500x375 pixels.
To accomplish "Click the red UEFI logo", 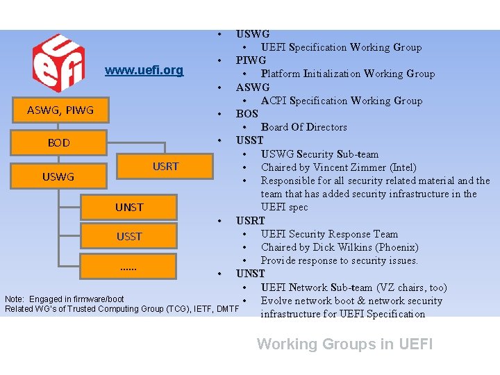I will click(59, 62).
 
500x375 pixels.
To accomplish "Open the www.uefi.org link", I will click(144, 70).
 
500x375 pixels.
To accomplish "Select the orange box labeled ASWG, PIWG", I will click(60, 110).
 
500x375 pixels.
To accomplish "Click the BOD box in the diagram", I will click(58, 143).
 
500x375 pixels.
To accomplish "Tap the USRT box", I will click(165, 166).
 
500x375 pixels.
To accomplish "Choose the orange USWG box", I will click(58, 176).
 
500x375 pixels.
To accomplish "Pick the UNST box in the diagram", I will click(129, 207).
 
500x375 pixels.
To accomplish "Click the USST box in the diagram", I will click(129, 237).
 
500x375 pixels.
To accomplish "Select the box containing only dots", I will click(129, 267).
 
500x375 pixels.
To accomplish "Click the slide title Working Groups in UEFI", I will click(344, 344).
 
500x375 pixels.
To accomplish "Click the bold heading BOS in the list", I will click(247, 114).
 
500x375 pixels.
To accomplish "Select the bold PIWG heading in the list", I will click(251, 60).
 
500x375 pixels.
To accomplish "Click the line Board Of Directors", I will click(303, 127).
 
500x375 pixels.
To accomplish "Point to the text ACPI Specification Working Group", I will click(341, 101).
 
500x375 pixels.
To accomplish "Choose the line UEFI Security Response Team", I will click(329, 234).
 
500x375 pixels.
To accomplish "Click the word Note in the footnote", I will click(15, 299).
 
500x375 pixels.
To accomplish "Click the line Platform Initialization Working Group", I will click(347, 74).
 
